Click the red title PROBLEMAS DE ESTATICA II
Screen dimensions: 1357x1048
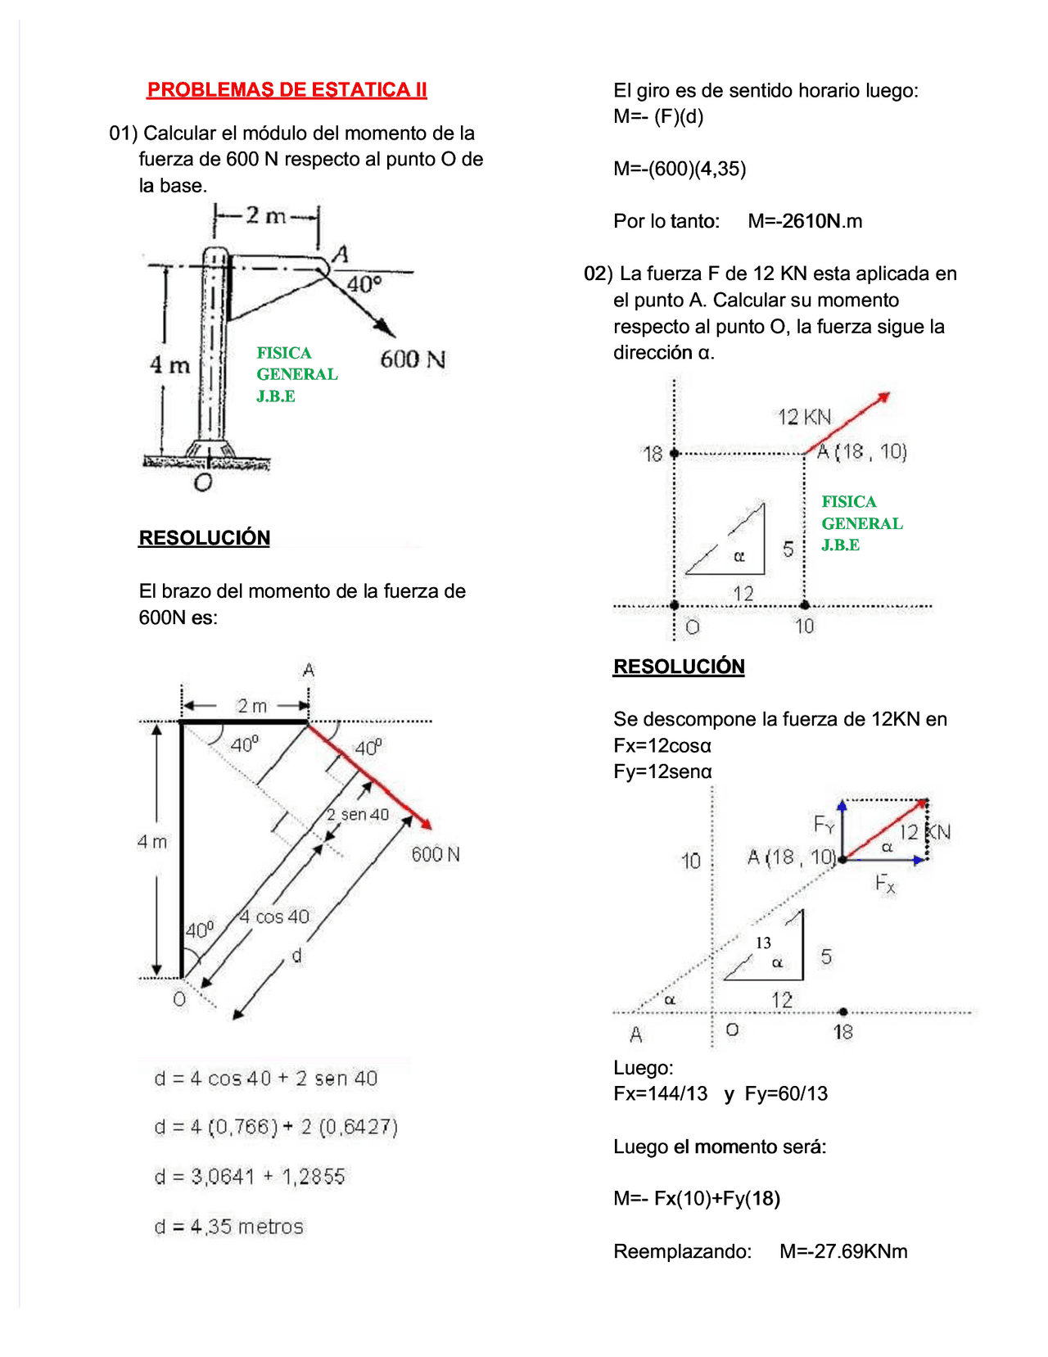pyautogui.click(x=287, y=89)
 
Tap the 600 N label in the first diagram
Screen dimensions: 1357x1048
pyautogui.click(x=413, y=360)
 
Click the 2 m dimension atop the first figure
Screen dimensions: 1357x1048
pyautogui.click(x=265, y=215)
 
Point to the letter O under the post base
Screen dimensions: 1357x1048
pyautogui.click(x=203, y=483)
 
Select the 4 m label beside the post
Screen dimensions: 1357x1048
pyautogui.click(x=169, y=365)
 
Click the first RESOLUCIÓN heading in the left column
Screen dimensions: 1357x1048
pyautogui.click(x=204, y=538)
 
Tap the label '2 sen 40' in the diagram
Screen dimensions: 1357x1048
pyautogui.click(x=357, y=814)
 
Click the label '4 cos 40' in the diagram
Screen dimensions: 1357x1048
pyautogui.click(x=274, y=916)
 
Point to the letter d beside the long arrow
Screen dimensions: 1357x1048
pyautogui.click(x=297, y=955)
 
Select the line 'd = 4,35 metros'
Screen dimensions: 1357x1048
pyautogui.click(x=228, y=1227)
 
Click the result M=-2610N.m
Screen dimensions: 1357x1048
pyautogui.click(x=804, y=221)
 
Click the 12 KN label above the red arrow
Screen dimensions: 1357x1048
pyautogui.click(x=803, y=417)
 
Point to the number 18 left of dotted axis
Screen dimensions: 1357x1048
pyautogui.click(x=653, y=454)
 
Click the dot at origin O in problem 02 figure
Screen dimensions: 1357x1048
pyautogui.click(x=675, y=605)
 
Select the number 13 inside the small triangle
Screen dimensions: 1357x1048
pyautogui.click(x=763, y=943)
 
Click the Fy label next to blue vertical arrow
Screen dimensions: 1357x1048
pyautogui.click(x=824, y=824)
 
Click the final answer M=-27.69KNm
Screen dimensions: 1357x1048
pyautogui.click(x=843, y=1251)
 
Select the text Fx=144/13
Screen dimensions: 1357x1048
pyautogui.click(x=660, y=1094)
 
